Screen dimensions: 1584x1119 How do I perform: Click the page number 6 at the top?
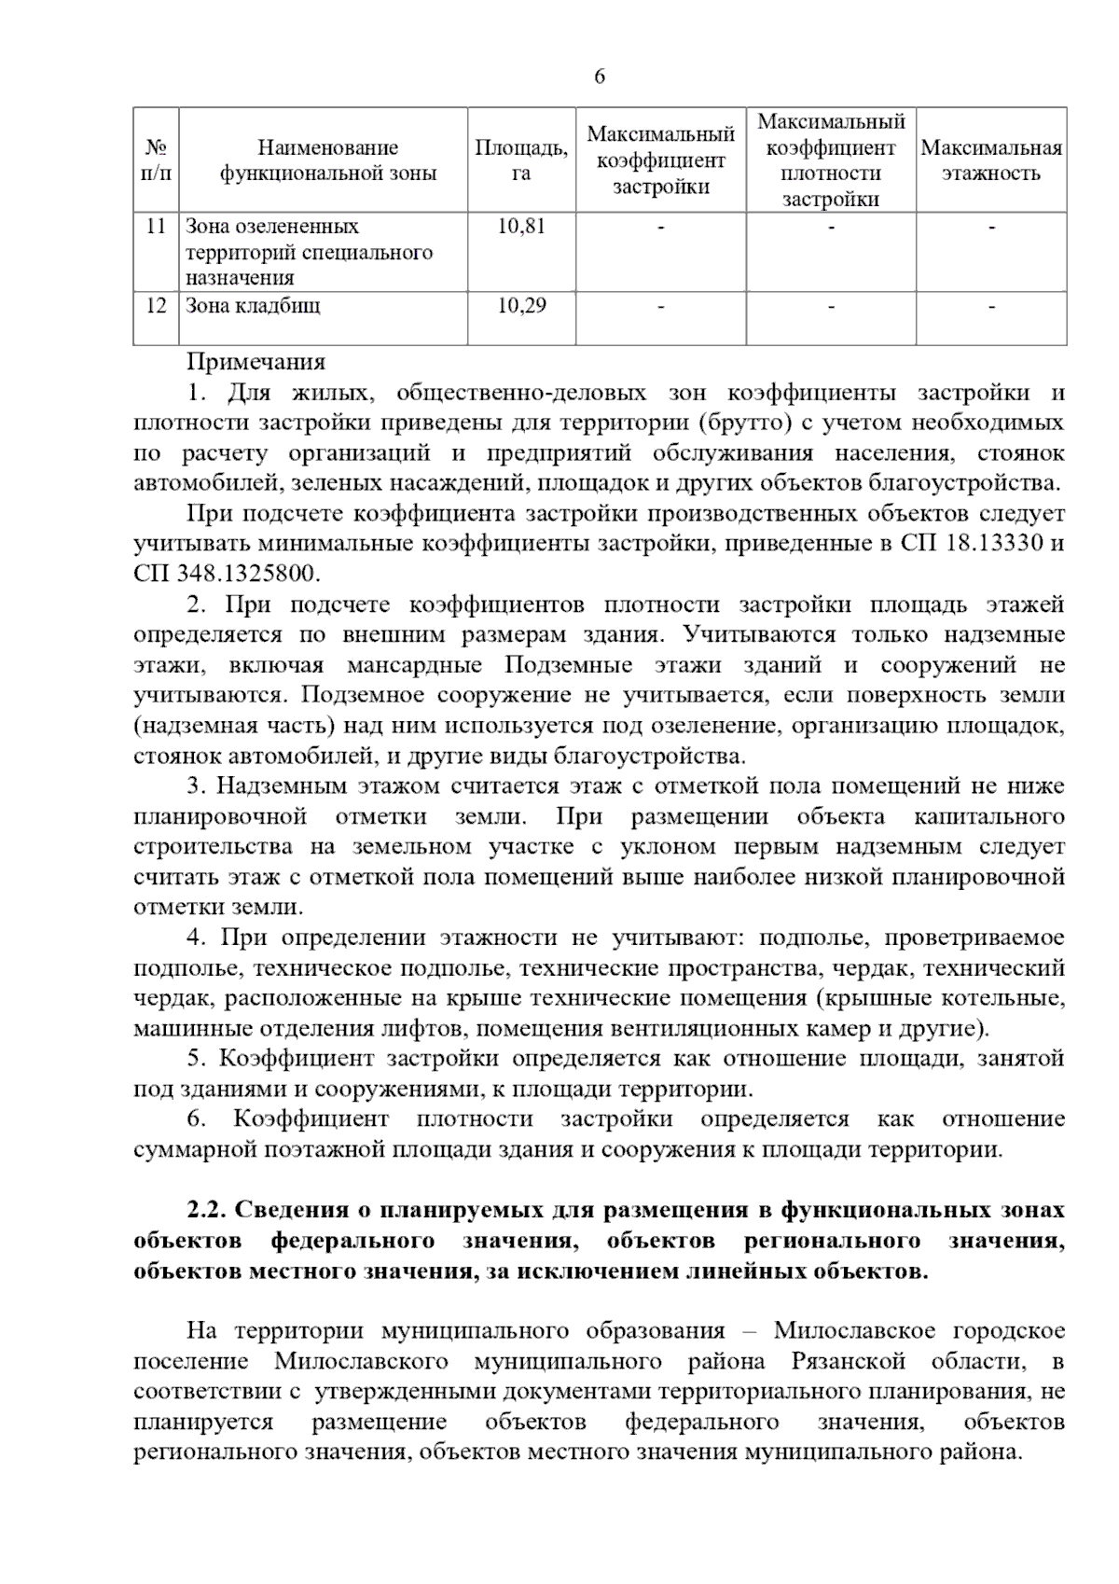pos(600,77)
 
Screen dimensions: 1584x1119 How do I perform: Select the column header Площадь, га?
pos(521,160)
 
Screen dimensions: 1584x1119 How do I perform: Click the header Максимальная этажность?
pos(991,160)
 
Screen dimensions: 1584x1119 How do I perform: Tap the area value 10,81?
pos(521,227)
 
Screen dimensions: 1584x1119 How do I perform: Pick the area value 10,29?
pos(521,306)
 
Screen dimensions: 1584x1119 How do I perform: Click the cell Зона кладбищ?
pos(253,306)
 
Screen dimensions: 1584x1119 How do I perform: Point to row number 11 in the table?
pos(157,227)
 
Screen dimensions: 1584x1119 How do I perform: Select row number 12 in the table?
pos(157,306)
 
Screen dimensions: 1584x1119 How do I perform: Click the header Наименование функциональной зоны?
pos(327,160)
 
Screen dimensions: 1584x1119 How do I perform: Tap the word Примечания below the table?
pos(256,362)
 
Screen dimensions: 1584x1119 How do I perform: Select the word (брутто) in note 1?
pos(742,423)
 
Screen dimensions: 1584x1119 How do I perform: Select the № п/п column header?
pos(157,160)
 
